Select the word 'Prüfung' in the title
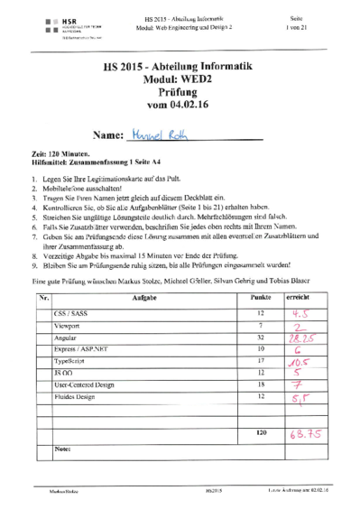tap(180, 94)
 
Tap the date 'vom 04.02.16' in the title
tap(180, 107)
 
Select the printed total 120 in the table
tap(261, 432)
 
